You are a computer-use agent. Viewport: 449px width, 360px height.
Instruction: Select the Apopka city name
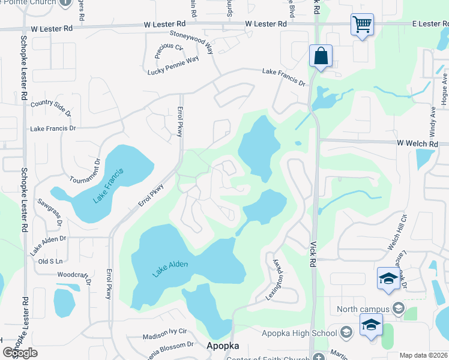tap(223, 346)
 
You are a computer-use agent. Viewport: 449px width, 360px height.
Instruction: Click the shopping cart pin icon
tap(362, 25)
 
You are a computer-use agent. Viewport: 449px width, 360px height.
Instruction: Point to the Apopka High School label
tap(299, 333)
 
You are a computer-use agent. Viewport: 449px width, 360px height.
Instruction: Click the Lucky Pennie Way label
tap(173, 66)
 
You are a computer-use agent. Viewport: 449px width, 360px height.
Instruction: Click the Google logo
tap(20, 353)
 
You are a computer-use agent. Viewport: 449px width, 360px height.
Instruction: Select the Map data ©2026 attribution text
tap(423, 355)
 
